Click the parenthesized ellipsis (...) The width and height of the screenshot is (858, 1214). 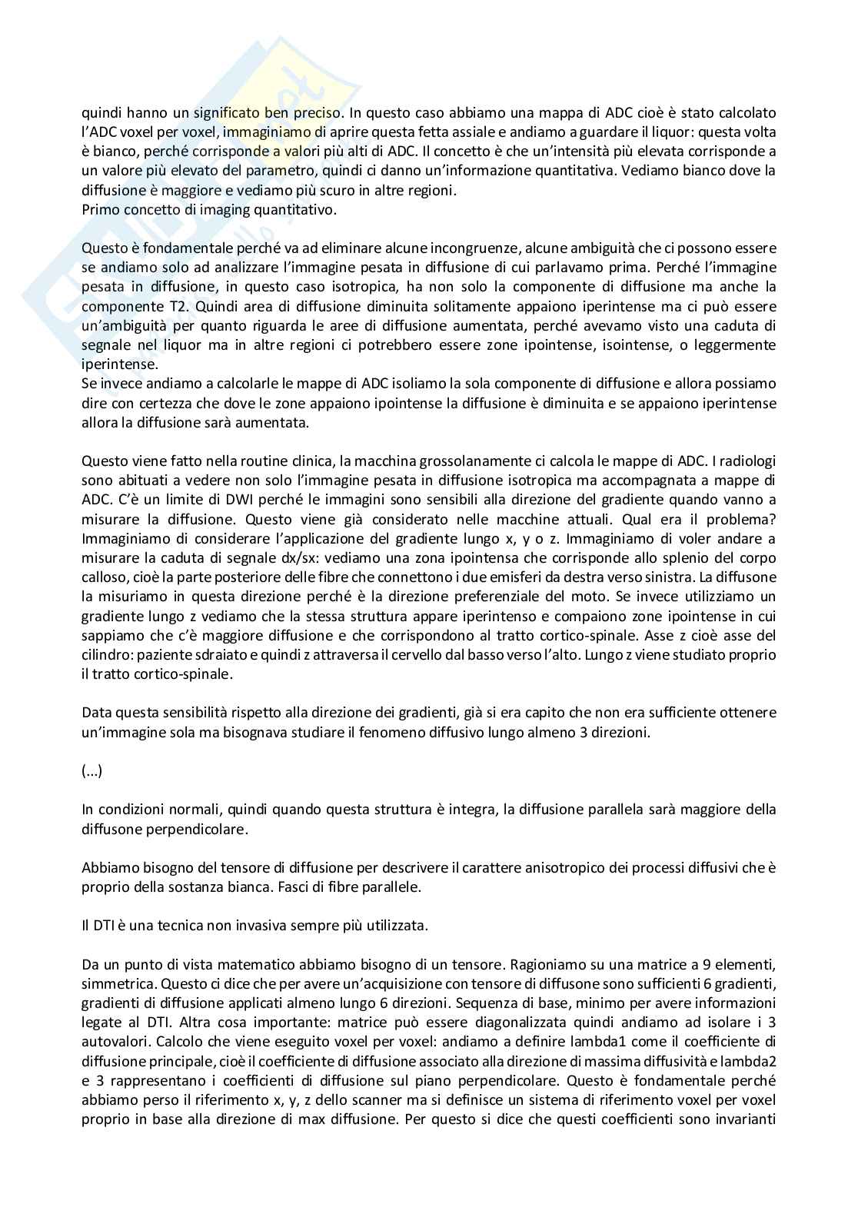[91, 771]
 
